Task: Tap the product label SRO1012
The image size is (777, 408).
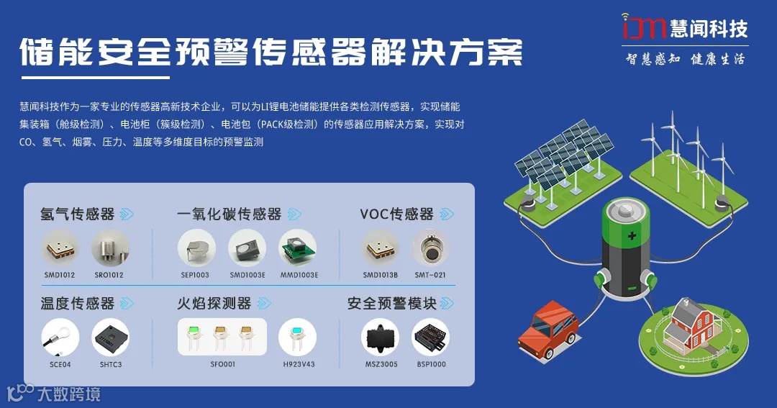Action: point(110,275)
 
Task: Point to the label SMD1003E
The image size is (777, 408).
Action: point(247,275)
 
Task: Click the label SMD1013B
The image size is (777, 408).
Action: point(381,275)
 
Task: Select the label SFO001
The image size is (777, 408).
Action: point(222,364)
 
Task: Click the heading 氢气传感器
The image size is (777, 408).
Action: point(78,214)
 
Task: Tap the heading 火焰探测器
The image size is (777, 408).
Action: point(214,303)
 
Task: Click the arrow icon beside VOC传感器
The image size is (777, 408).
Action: point(447,214)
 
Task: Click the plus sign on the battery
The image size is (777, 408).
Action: point(632,236)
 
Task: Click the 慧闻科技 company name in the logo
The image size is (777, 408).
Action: point(708,28)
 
